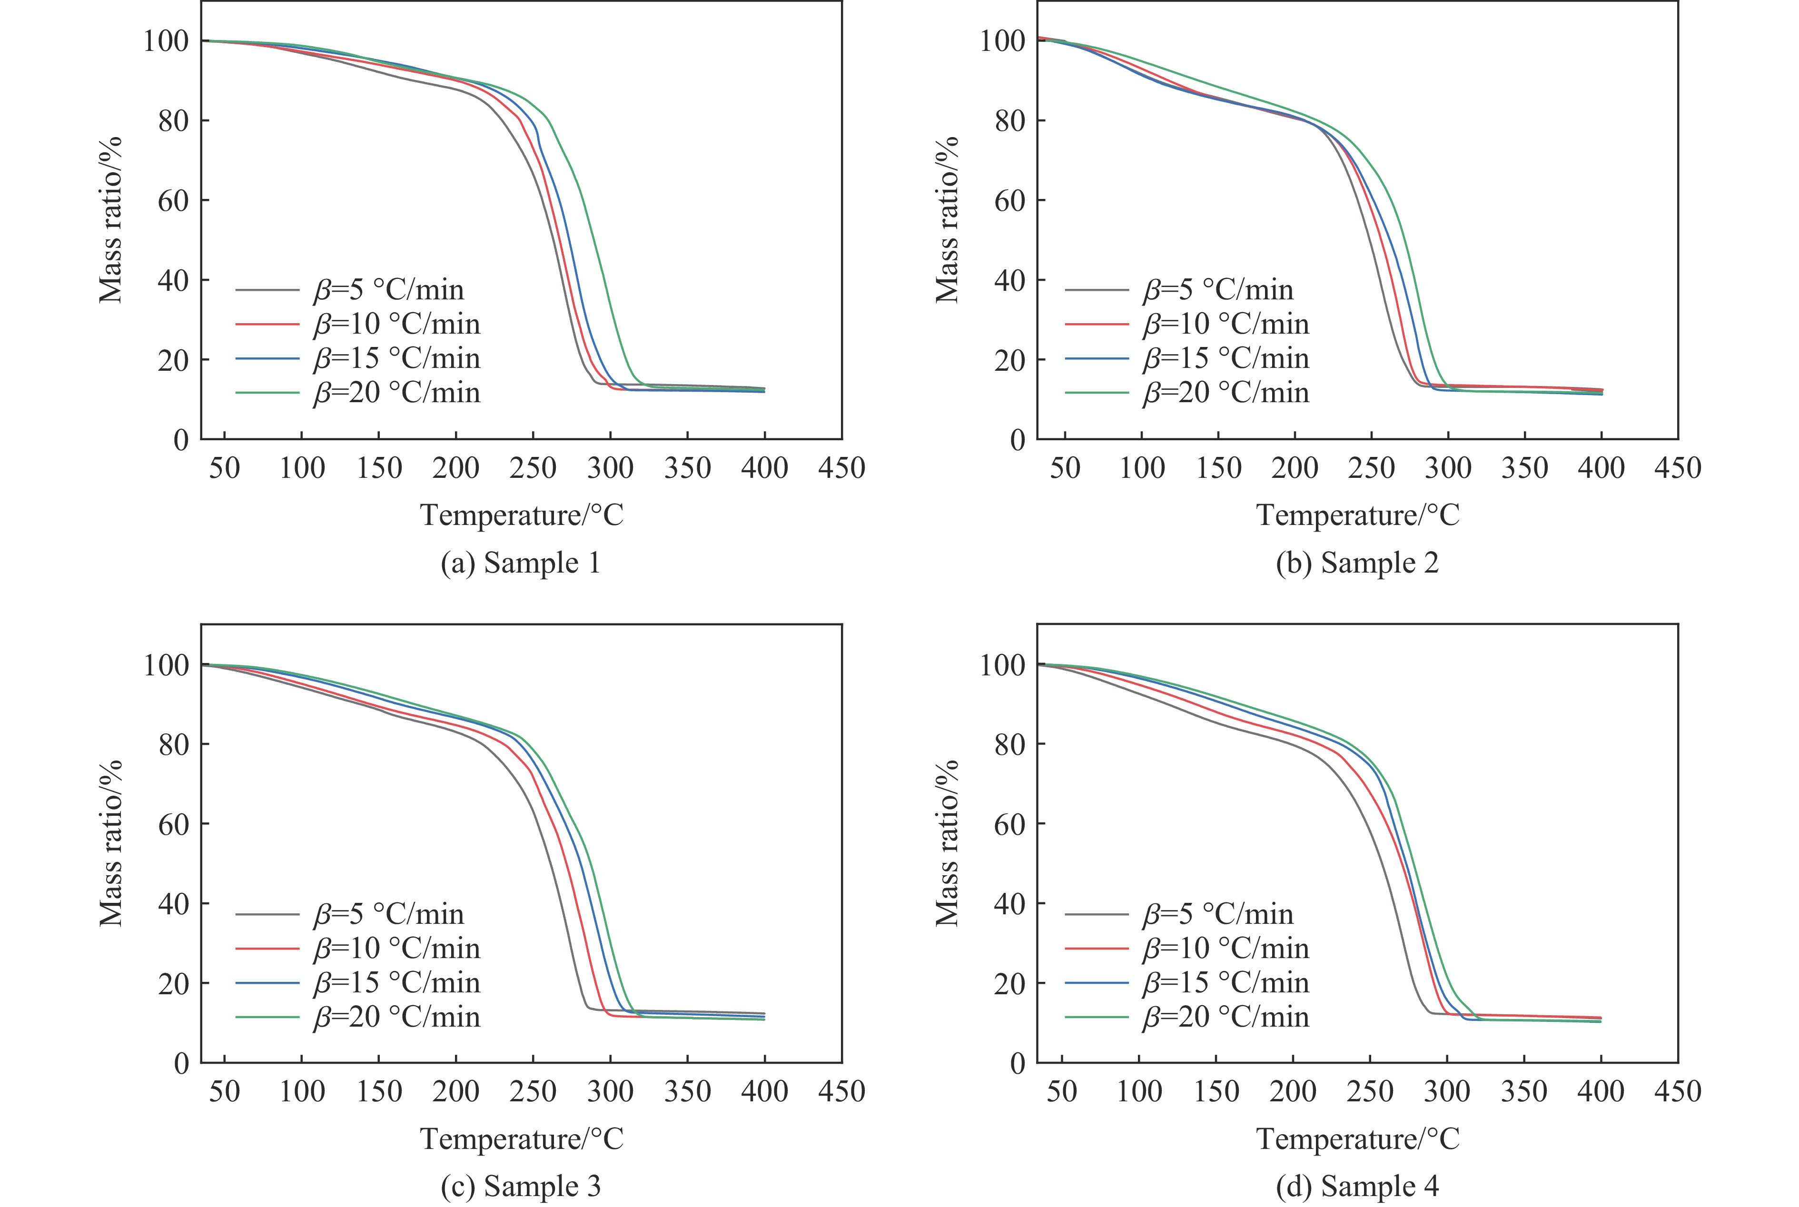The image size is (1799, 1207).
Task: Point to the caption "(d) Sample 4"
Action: pyautogui.click(x=1357, y=1186)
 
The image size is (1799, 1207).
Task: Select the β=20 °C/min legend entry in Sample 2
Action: pyautogui.click(x=1226, y=393)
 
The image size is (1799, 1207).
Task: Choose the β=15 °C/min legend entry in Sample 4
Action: pyautogui.click(x=1226, y=982)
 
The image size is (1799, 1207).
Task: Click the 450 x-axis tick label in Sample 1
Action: pyautogui.click(x=841, y=467)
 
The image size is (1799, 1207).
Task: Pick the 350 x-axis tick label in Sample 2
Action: pyautogui.click(x=1524, y=467)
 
